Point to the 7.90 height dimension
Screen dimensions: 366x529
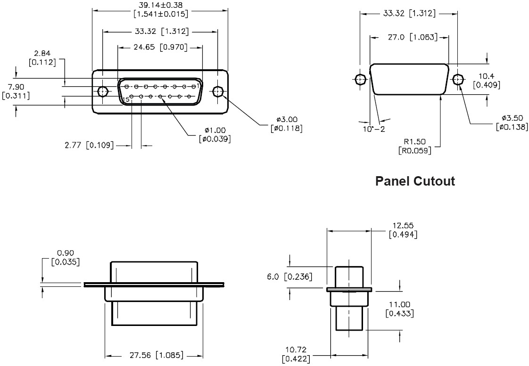pos(16,87)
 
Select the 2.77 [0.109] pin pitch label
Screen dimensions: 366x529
pos(89,146)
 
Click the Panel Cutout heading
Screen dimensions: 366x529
pos(415,181)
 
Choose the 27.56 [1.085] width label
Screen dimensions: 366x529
pos(155,355)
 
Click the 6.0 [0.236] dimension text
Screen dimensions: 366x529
pos(290,277)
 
